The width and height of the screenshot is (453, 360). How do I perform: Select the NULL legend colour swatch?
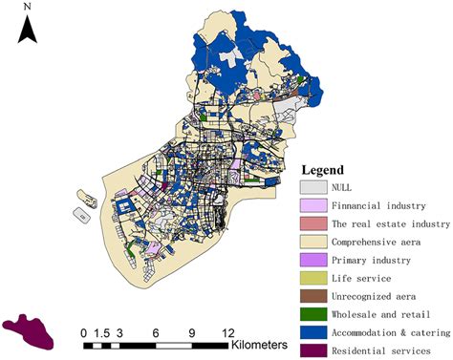tap(313, 187)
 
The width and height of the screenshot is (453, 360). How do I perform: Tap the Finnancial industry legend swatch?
tap(313, 205)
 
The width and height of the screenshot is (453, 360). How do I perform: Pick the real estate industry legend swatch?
tap(313, 223)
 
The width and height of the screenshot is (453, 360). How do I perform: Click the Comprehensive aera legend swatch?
tap(313, 242)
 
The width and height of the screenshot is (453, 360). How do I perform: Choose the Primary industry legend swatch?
tap(313, 260)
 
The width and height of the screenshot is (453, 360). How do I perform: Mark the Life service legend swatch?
tap(313, 278)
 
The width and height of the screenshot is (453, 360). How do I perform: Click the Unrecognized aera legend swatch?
tap(313, 296)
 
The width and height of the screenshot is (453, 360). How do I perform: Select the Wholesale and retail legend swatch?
tap(313, 314)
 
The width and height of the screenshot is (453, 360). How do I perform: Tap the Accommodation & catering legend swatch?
tap(313, 332)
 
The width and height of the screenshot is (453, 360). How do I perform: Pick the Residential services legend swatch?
tap(313, 350)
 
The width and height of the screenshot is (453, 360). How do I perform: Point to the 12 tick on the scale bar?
tap(227, 332)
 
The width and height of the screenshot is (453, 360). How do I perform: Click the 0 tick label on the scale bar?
tap(84, 332)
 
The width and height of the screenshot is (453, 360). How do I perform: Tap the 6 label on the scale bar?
tap(156, 332)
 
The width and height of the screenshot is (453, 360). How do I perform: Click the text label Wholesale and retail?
tap(377, 314)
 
